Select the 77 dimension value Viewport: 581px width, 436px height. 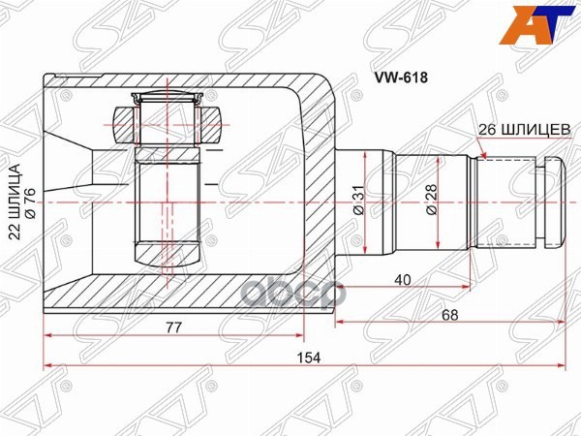pyautogui.click(x=173, y=327)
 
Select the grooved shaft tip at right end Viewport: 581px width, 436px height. pyautogui.click(x=550, y=202)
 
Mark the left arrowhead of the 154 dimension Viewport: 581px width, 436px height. pyautogui.click(x=48, y=367)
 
